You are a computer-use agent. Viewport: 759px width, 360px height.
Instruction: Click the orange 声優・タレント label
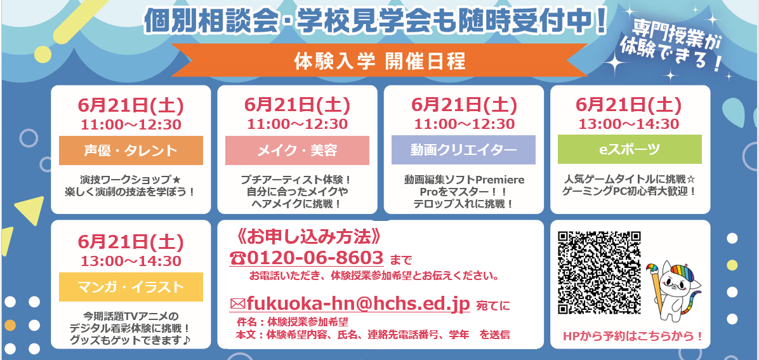click(131, 150)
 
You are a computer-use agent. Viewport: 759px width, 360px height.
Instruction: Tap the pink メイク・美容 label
click(297, 150)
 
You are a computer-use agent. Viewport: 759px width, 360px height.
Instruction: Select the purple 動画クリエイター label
click(464, 150)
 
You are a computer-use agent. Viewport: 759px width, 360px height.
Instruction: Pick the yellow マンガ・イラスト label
click(131, 287)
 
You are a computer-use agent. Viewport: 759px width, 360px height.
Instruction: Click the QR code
click(600, 272)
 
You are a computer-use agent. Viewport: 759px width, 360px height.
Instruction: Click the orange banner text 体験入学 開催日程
click(379, 62)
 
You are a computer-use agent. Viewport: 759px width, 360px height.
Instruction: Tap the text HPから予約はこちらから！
click(633, 336)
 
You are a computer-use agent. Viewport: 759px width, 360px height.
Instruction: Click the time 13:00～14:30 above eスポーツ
click(629, 124)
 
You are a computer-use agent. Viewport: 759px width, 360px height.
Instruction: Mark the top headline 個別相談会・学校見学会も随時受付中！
click(374, 21)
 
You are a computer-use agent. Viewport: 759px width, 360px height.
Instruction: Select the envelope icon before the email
click(238, 304)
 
